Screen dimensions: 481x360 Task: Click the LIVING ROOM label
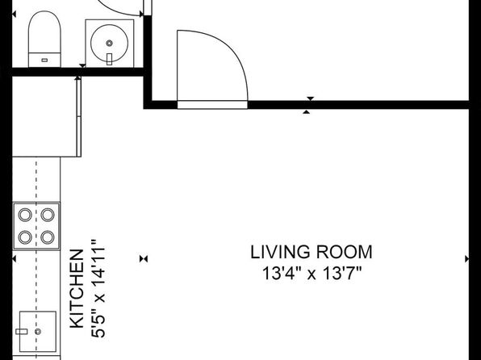[312, 253]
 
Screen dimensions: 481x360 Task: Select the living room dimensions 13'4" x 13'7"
[312, 273]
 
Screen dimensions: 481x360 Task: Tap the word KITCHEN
[77, 289]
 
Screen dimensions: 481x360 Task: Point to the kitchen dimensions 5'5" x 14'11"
[98, 289]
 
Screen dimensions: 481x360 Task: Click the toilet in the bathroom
[44, 39]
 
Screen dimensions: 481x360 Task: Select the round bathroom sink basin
[110, 43]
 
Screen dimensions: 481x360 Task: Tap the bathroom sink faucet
[109, 59]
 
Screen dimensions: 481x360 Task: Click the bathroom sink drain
[109, 44]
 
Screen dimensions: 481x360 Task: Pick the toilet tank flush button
[44, 61]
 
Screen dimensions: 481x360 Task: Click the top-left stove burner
[25, 215]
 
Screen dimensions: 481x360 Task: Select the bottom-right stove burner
[48, 237]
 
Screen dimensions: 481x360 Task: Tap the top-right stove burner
[48, 215]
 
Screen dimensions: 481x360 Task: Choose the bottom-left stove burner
[25, 237]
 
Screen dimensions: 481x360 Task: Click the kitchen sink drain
[38, 332]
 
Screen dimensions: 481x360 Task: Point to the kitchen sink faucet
[22, 332]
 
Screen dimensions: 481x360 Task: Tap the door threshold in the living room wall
[212, 105]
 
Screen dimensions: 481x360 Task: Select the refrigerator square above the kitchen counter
[45, 117]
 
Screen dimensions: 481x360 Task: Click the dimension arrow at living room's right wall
[467, 259]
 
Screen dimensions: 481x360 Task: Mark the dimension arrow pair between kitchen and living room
[144, 259]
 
